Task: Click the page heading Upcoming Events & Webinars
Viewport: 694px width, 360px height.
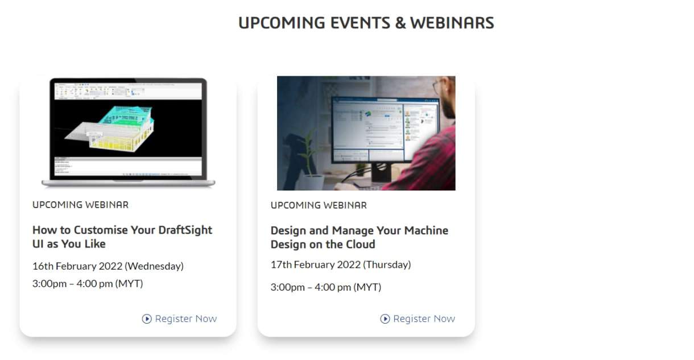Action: tap(366, 23)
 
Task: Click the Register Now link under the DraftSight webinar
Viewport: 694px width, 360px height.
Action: tap(185, 318)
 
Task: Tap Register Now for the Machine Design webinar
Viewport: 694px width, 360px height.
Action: tap(424, 318)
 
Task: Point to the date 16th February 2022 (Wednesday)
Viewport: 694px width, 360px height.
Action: tap(108, 266)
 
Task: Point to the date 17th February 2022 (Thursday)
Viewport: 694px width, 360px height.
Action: tap(341, 264)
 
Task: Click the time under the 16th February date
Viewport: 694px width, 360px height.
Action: tap(88, 283)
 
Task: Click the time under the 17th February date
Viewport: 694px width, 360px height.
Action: tap(326, 287)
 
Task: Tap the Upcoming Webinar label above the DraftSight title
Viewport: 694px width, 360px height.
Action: tap(80, 205)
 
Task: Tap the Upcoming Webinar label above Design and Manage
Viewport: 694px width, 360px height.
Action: tap(319, 205)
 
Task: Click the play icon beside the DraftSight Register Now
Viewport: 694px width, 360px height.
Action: tap(147, 319)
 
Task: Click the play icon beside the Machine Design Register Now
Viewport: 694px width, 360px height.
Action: tap(385, 319)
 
